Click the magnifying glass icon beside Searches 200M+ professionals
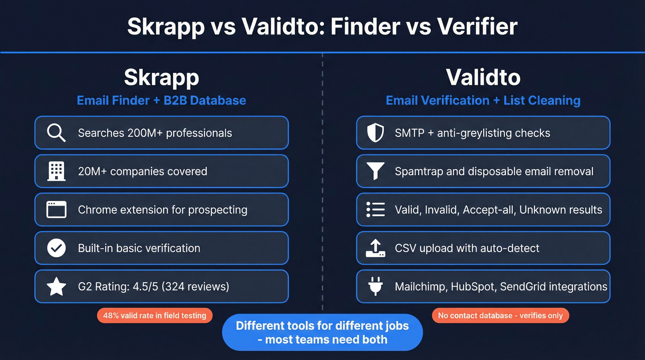pos(56,133)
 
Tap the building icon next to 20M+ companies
pos(56,171)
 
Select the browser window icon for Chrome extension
pos(56,210)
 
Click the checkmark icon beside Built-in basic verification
pos(56,248)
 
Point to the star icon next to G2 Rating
pos(56,286)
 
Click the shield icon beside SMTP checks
pos(375,133)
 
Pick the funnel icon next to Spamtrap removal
pos(375,171)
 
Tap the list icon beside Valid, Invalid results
pos(375,210)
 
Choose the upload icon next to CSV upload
pos(375,248)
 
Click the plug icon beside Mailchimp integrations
pos(375,286)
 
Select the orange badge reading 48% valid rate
pos(155,316)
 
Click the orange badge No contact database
pos(500,316)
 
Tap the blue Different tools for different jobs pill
pos(322,332)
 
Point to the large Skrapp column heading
pos(161,77)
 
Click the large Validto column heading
pos(483,77)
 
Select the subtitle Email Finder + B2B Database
pos(161,100)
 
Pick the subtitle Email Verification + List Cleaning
pos(483,100)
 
